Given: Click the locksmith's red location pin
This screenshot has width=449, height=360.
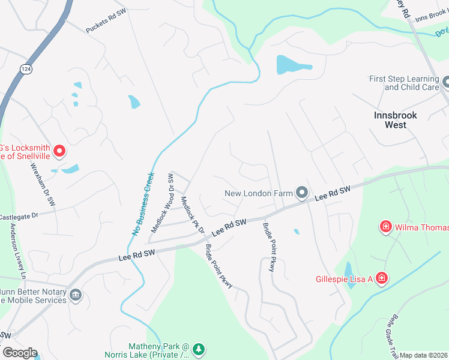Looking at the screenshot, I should [59, 151].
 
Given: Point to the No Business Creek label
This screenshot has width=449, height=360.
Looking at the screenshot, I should [142, 203].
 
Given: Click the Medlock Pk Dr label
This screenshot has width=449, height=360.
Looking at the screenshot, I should [193, 215].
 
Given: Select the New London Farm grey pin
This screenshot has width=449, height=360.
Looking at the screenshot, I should [302, 193].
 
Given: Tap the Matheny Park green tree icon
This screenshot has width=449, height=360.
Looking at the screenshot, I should [199, 348].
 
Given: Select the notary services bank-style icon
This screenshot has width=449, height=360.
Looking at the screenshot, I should [76, 295].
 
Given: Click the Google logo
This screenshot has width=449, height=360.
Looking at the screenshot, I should [20, 353].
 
